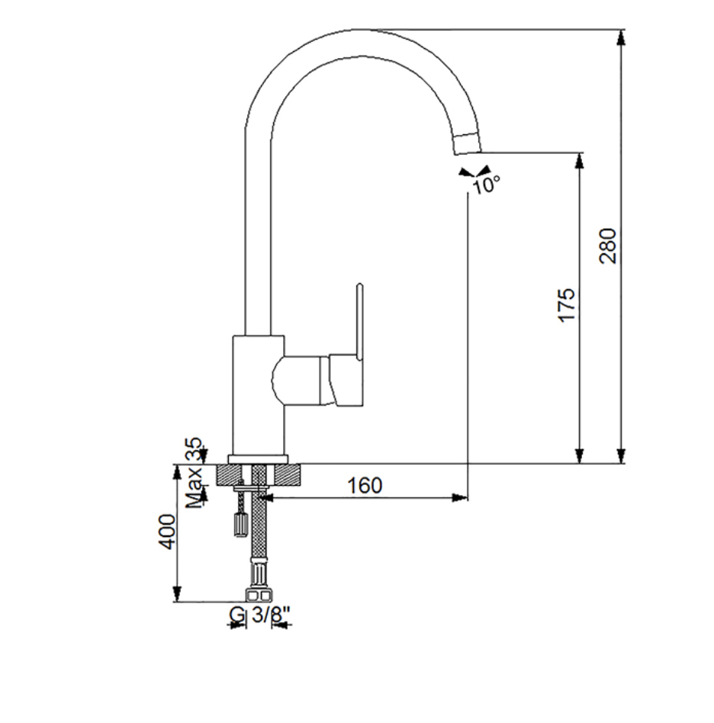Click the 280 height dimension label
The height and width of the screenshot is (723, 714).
pyautogui.click(x=607, y=246)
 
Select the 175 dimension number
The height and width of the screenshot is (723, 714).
pyautogui.click(x=567, y=305)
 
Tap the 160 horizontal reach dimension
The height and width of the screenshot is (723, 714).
pyautogui.click(x=365, y=486)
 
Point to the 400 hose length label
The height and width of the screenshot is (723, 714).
pyautogui.click(x=167, y=532)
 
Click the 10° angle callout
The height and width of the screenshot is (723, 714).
pyautogui.click(x=486, y=185)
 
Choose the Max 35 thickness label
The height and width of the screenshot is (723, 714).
pyautogui.click(x=194, y=473)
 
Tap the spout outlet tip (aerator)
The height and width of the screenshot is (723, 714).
pyautogui.click(x=466, y=143)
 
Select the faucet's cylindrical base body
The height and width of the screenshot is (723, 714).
pyautogui.click(x=258, y=395)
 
